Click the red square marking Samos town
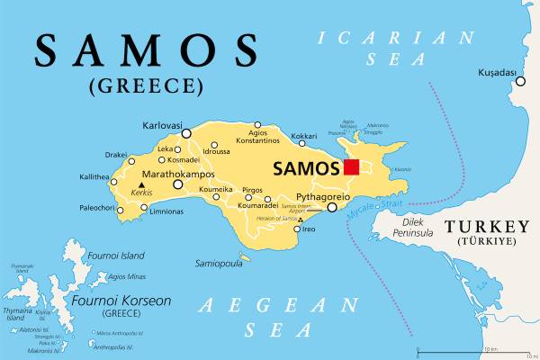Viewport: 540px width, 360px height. [x=351, y=167]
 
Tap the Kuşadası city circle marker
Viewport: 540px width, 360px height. [x=520, y=82]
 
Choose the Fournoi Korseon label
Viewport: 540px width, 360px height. [x=122, y=300]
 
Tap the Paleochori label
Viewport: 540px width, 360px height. [x=96, y=209]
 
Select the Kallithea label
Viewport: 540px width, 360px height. [x=94, y=177]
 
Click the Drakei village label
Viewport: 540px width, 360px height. [x=116, y=155]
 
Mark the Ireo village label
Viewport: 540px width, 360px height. [x=308, y=229]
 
